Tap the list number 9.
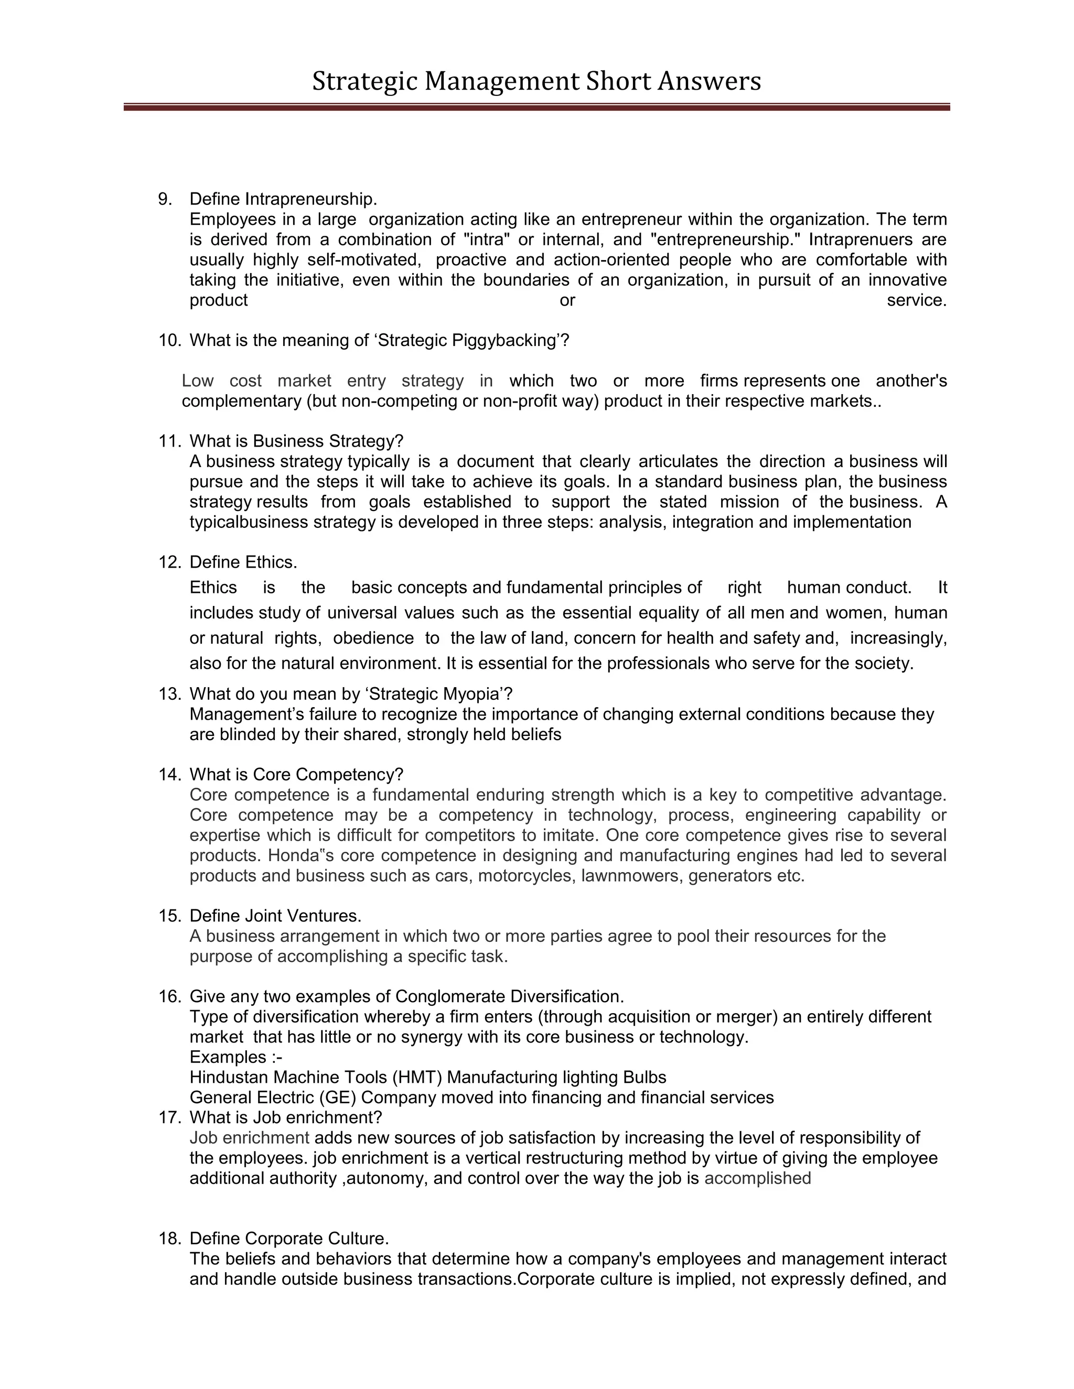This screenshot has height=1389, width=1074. coord(165,199)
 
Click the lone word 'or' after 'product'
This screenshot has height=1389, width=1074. coord(567,300)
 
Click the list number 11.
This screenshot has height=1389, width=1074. coord(169,441)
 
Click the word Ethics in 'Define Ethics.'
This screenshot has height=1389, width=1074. coord(271,562)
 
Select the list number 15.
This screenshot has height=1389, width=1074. coord(169,916)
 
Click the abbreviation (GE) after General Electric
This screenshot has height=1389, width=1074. coord(338,1098)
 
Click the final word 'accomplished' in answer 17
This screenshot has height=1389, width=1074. coord(757,1178)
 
